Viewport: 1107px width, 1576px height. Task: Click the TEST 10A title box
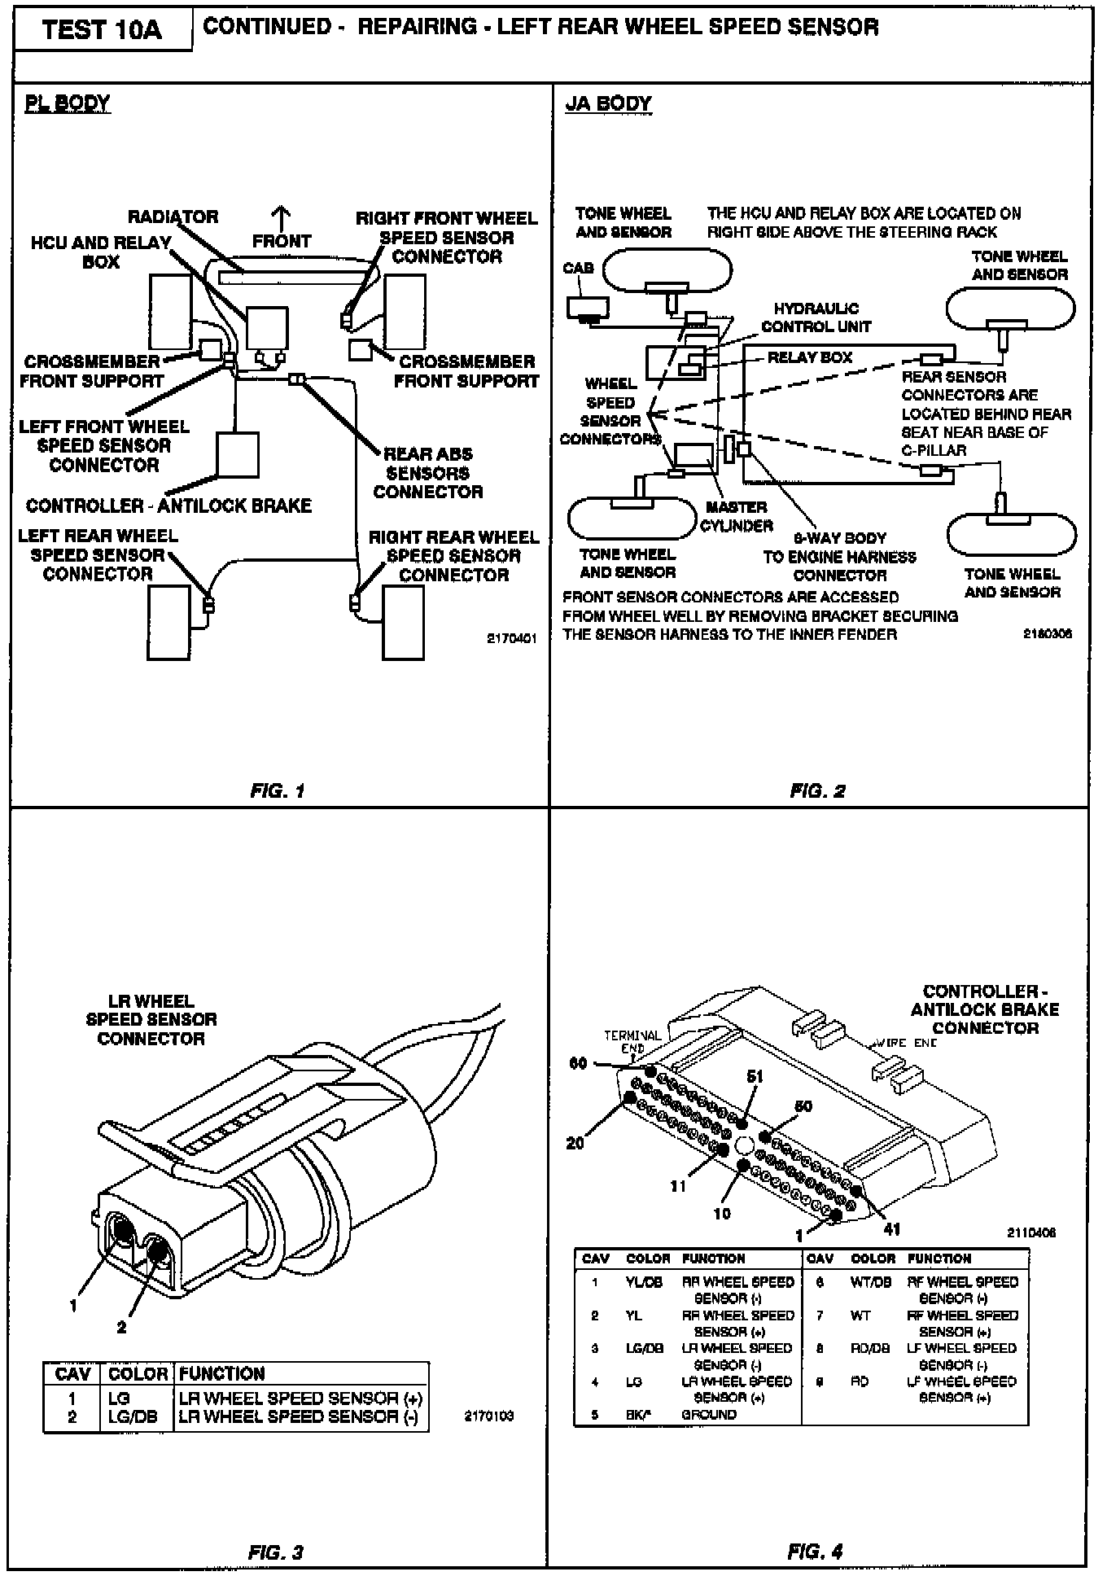tap(102, 30)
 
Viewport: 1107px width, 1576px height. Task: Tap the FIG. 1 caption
tap(278, 790)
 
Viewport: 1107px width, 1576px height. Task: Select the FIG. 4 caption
tap(815, 1552)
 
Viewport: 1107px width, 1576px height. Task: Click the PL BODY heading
tap(67, 103)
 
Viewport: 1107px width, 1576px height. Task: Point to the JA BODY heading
tap(608, 103)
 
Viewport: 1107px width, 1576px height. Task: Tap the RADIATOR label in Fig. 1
tap(173, 217)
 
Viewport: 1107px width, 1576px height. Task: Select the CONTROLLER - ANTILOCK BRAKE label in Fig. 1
tap(168, 506)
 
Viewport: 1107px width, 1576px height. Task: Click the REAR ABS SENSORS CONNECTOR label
tap(427, 473)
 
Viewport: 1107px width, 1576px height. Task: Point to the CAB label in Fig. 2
tap(578, 268)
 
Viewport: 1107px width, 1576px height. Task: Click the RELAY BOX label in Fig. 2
tap(809, 357)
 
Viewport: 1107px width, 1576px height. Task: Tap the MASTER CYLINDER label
tap(737, 516)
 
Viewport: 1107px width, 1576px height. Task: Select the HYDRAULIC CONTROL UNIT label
tap(816, 317)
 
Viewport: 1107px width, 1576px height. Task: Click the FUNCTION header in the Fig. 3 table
tap(221, 1374)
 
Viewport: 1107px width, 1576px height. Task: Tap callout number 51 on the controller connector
tap(755, 1076)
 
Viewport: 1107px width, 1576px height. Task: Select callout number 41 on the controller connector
tap(892, 1228)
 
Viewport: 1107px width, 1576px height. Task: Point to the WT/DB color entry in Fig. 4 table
tap(871, 1282)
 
